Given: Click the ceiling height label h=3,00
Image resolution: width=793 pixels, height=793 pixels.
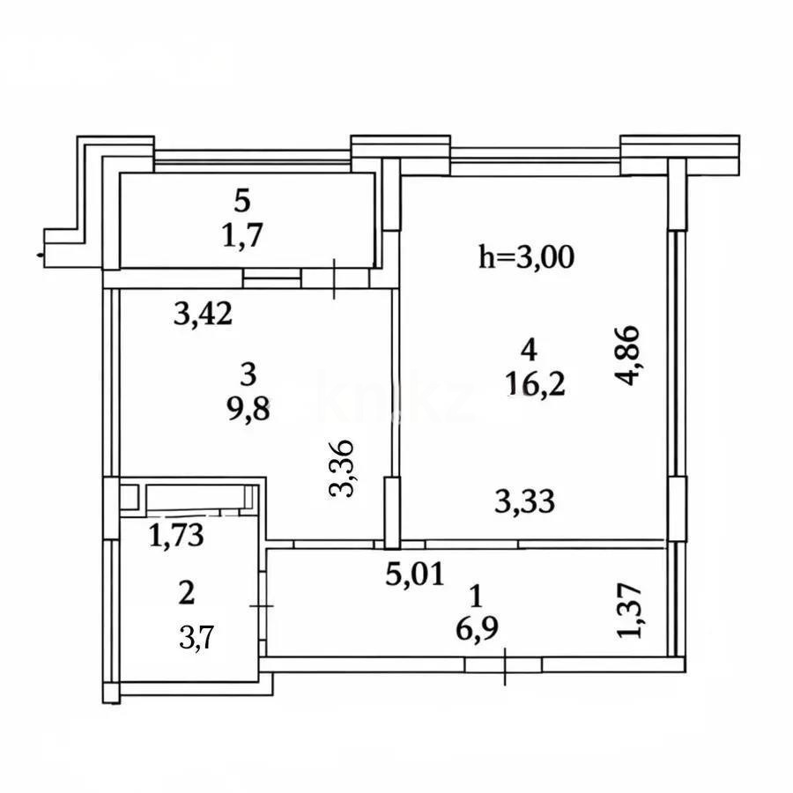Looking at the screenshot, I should [526, 256].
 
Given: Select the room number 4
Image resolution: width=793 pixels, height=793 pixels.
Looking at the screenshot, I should [529, 350].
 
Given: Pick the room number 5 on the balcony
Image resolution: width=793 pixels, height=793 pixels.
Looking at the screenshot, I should [242, 201].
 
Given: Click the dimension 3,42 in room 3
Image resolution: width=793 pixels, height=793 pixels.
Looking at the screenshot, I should [203, 313].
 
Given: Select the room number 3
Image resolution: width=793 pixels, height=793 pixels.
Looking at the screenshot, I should [248, 374].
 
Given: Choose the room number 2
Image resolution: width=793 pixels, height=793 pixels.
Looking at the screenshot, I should [186, 593].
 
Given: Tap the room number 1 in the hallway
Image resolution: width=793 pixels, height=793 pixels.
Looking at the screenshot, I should [476, 597].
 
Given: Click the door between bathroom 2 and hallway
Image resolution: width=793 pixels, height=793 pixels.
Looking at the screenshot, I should [263, 605].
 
